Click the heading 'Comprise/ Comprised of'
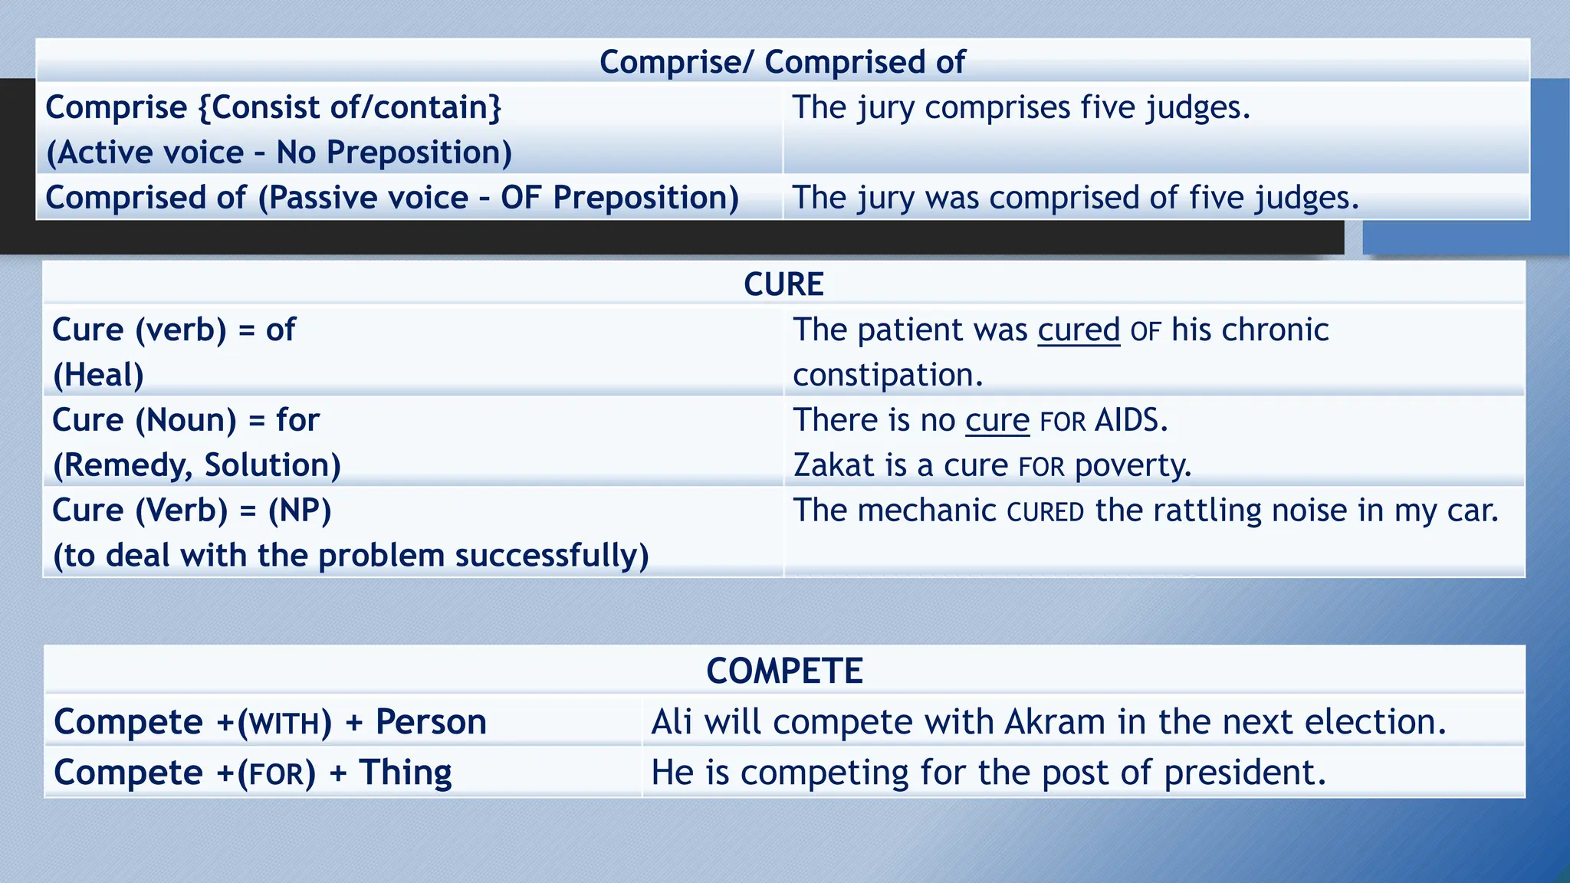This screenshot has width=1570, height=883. coord(782,62)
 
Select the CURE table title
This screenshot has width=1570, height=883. coord(783,284)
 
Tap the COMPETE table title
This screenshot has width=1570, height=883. coord(784,671)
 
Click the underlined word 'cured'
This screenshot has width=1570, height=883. coord(1079,330)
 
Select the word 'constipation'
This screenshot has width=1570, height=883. coord(887,376)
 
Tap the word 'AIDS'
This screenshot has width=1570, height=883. coord(1130,420)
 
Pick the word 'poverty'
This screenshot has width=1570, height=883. coord(1132,466)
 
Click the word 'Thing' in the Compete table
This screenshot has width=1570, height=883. coord(406,773)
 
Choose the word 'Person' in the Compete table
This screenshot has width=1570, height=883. coord(431,722)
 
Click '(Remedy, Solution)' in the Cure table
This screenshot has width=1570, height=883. coord(196,465)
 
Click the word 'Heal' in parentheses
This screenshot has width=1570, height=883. coord(98,376)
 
